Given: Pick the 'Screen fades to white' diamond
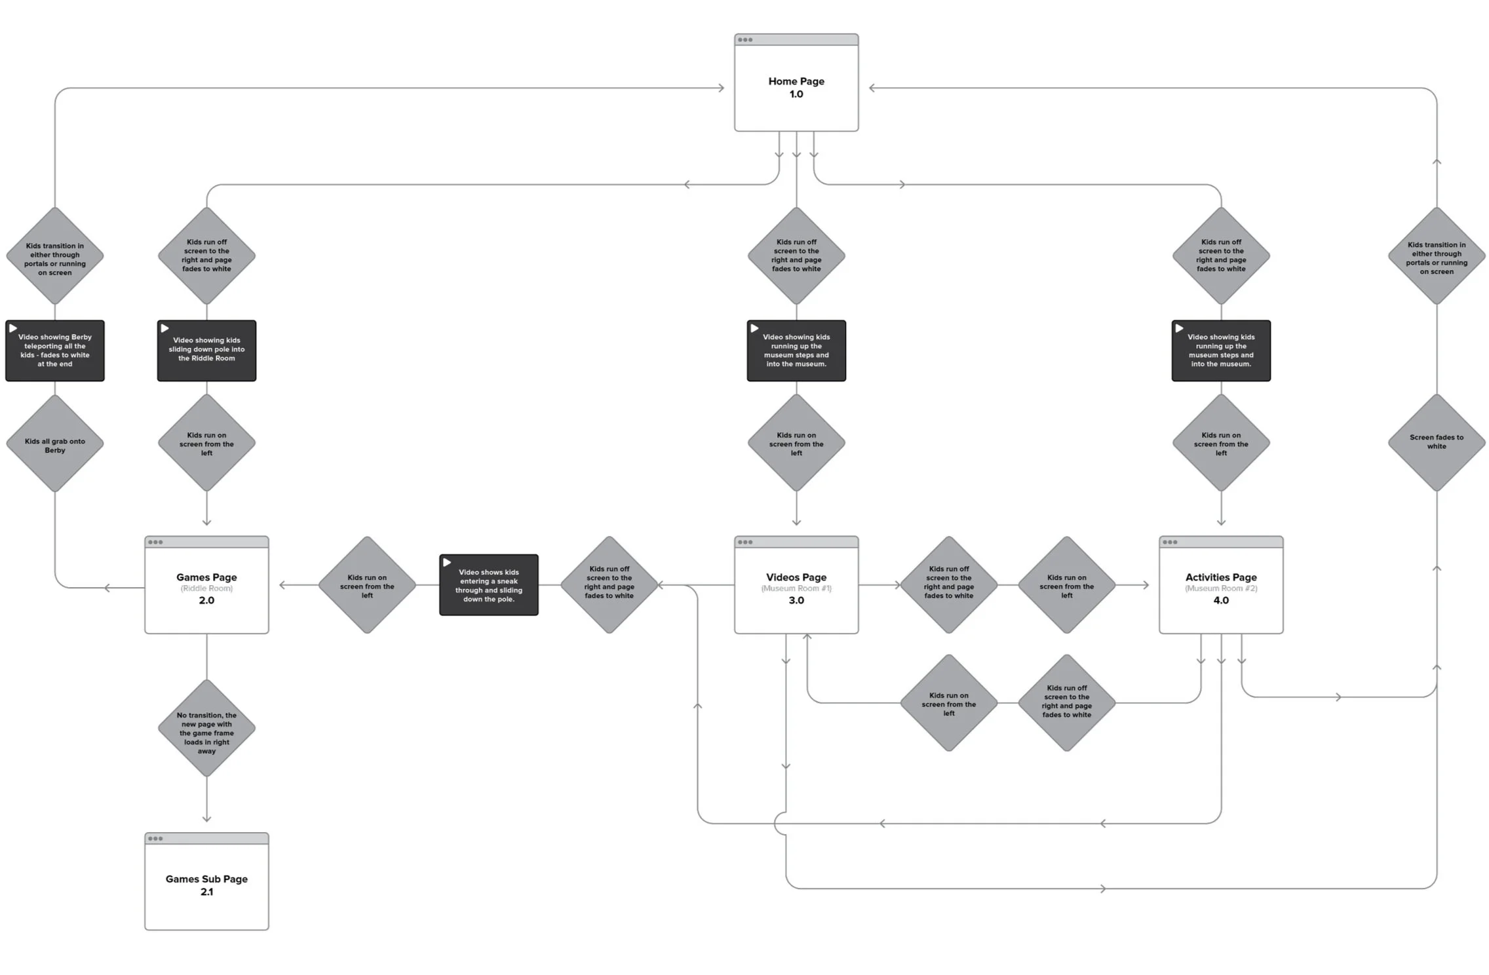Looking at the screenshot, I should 1436,442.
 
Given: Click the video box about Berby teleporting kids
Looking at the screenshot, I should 55,351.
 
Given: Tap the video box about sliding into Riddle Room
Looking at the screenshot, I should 206,351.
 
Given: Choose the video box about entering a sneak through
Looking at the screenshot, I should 489,585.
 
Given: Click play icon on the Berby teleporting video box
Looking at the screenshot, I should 13,328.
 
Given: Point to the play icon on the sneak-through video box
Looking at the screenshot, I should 447,562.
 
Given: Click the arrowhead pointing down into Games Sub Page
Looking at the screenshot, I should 206,818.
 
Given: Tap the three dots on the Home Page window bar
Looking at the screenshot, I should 745,40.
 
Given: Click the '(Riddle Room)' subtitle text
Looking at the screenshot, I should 206,588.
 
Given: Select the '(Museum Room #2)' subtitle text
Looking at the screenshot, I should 1220,588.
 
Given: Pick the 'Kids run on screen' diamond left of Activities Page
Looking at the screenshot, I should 1066,585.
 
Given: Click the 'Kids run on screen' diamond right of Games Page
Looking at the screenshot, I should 367,585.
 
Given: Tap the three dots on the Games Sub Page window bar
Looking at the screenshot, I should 155,839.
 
